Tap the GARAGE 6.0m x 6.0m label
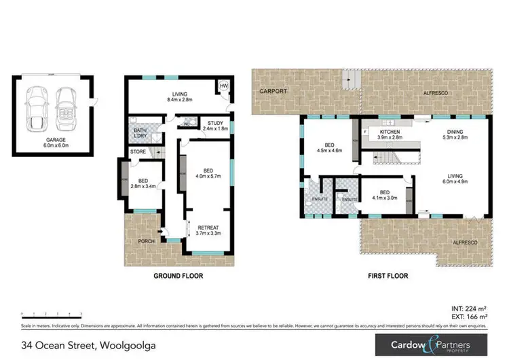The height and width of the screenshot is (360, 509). tap(51, 141)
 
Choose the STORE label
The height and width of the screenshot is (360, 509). tap(138, 151)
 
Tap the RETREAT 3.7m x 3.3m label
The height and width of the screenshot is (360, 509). tap(208, 230)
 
